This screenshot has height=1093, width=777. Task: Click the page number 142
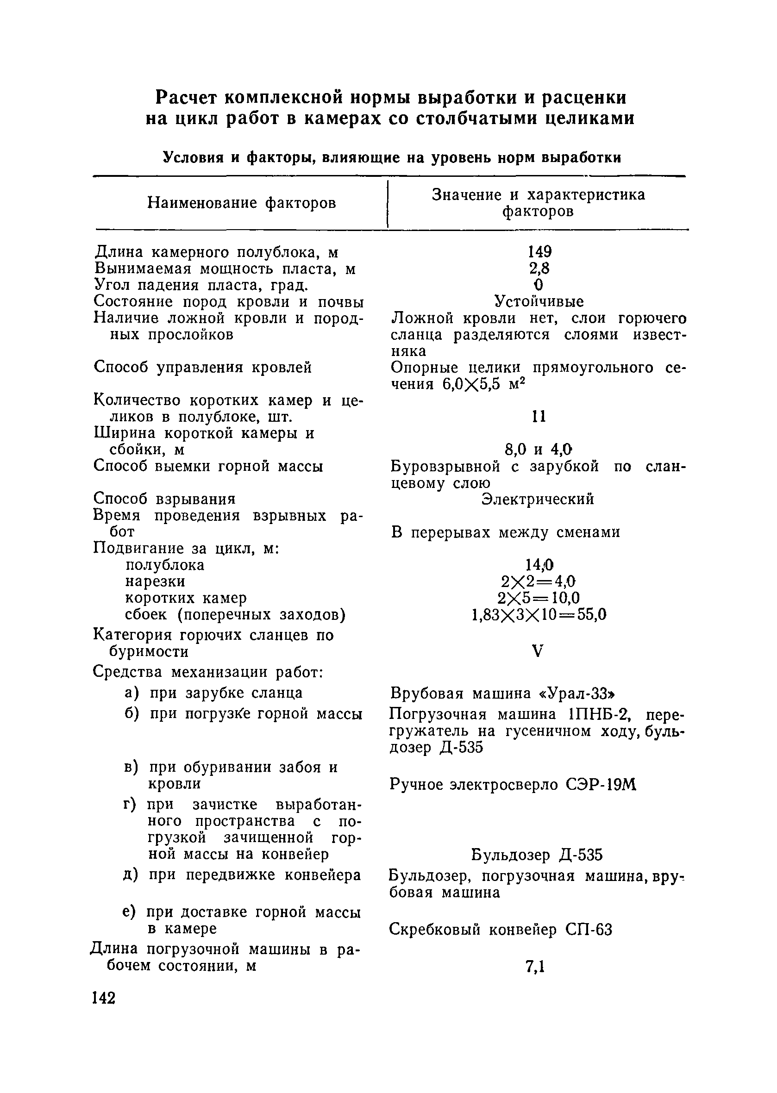coord(103,998)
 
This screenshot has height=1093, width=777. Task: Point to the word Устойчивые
coord(539,301)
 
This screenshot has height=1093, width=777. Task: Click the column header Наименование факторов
coord(242,203)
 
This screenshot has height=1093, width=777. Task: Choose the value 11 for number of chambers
coord(539,417)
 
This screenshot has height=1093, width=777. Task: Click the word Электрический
coord(538,499)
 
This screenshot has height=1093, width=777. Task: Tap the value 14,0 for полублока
coord(539,565)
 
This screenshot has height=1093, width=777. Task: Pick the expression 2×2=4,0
coord(538,581)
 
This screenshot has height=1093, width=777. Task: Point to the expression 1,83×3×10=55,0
coord(539,615)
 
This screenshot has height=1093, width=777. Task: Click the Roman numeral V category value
coord(538,650)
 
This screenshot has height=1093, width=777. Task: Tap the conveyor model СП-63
coord(589,930)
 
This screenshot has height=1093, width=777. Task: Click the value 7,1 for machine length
coord(535,967)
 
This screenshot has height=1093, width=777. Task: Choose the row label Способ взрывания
coord(164,499)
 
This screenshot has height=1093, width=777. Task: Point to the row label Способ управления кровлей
coord(202,368)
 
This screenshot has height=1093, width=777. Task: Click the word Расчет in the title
coord(187,98)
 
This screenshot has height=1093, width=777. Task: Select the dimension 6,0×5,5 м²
coord(483,384)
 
